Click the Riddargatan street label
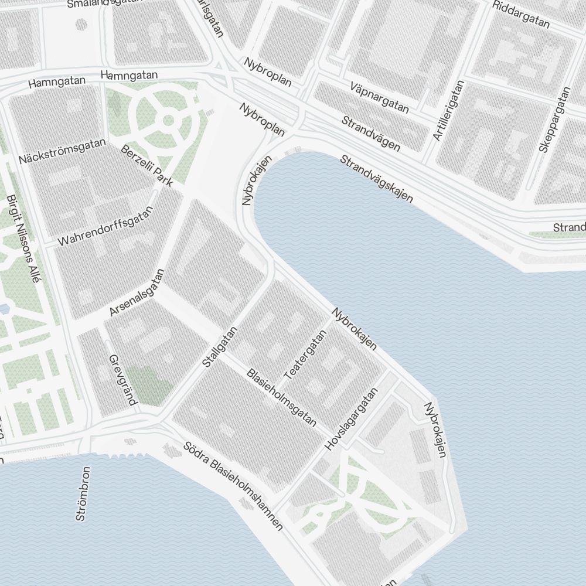point(522,15)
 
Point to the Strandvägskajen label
point(376,179)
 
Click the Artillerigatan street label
point(448,111)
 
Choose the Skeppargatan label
point(554,120)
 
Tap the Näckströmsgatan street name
point(62,151)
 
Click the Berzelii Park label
point(146,166)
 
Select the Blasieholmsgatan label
point(281,397)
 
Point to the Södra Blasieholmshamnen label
point(233,486)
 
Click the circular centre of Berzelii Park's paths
point(168,121)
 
